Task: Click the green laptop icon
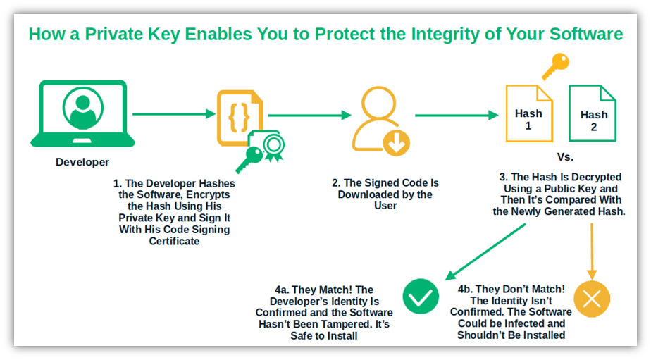coord(82,113)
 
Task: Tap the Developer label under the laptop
coord(82,162)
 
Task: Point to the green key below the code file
coord(249,159)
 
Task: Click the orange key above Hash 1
coord(555,66)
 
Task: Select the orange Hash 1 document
coord(528,113)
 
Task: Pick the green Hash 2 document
coord(593,113)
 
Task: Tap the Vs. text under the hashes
coord(565,157)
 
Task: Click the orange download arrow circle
coord(397,143)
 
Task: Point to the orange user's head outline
coord(378,103)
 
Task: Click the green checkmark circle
coord(420,296)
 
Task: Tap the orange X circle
coord(592,299)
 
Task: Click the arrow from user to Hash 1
coord(457,115)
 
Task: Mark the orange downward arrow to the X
coord(592,252)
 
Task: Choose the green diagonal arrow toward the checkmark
coord(485,252)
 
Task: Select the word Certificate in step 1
coord(175,241)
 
